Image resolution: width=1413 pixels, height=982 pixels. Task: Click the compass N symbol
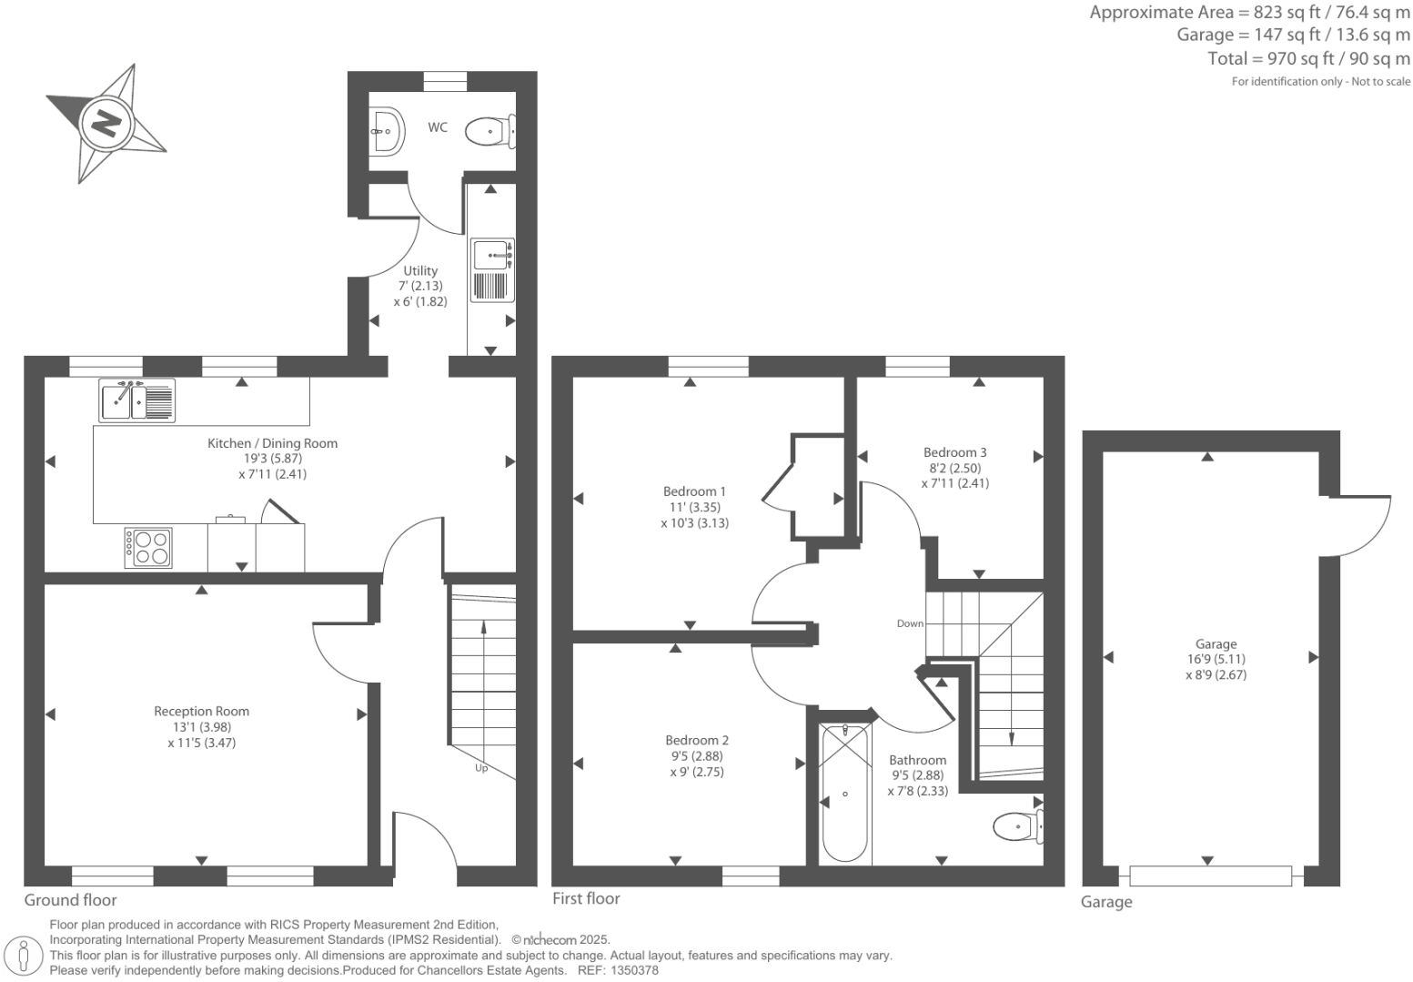[106, 122]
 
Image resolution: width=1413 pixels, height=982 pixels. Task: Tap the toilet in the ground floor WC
[489, 132]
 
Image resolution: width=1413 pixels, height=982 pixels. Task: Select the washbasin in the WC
[387, 131]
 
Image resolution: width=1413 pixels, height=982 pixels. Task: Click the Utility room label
[420, 270]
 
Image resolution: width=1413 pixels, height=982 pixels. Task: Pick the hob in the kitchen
[148, 547]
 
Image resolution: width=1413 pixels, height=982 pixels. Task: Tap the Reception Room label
[201, 712]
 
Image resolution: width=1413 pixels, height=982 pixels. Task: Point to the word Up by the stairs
[481, 768]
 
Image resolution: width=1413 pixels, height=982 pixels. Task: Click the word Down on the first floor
[910, 623]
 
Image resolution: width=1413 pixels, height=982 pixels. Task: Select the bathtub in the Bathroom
[845, 792]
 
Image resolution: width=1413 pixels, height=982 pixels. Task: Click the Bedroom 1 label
[694, 491]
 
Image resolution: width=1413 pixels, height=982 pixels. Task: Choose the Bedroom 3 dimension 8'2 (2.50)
[954, 468]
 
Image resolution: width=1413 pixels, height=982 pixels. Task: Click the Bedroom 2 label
[696, 741]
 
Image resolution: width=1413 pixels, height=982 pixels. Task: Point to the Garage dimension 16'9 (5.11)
[1216, 659]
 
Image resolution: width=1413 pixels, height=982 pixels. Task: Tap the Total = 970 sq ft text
[1308, 58]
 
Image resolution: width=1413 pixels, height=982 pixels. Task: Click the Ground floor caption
[70, 900]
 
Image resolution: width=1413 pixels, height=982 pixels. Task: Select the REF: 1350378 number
[629, 971]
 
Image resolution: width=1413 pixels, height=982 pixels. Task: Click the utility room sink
[492, 254]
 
